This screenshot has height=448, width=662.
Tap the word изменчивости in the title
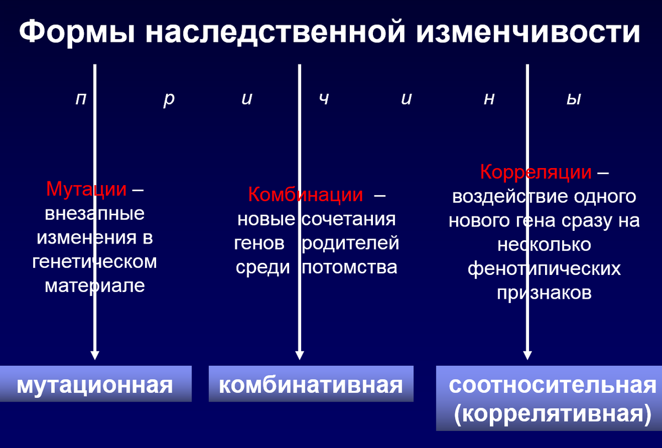pos(528,33)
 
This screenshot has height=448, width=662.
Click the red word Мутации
pos(87,189)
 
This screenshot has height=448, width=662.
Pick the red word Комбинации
pos(305,195)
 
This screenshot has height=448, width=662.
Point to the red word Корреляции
pos(536,172)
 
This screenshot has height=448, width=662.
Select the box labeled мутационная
pos(95,384)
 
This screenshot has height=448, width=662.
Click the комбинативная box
pos(311,384)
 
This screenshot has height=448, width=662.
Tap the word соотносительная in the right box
pos(553,385)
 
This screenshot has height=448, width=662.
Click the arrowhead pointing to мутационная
pos(95,355)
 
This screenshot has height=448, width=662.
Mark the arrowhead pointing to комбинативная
pos(300,355)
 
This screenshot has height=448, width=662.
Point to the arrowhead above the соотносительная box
pos(527,355)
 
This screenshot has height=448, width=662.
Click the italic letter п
pos(81,100)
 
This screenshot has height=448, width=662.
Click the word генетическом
pos(94,262)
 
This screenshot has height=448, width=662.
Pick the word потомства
pos(350,267)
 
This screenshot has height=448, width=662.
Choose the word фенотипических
pos(544,268)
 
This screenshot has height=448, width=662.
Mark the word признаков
pos(544,293)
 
